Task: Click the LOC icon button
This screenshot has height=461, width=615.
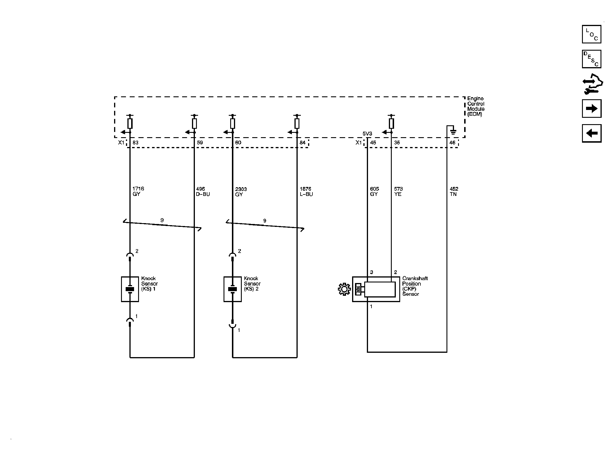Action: [x=592, y=34]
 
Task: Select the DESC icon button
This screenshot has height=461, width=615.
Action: [x=592, y=59]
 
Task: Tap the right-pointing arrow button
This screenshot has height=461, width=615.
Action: [x=592, y=109]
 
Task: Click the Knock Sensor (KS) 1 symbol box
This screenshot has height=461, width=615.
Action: [x=130, y=289]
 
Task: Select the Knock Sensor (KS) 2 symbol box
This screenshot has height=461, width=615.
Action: [x=233, y=289]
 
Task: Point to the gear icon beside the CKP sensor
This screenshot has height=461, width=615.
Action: [x=344, y=289]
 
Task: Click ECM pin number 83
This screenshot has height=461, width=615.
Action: [x=136, y=143]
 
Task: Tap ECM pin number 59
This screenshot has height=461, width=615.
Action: [x=200, y=143]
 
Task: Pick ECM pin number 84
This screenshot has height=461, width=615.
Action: [x=303, y=143]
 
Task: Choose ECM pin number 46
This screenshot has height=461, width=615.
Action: [x=452, y=143]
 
